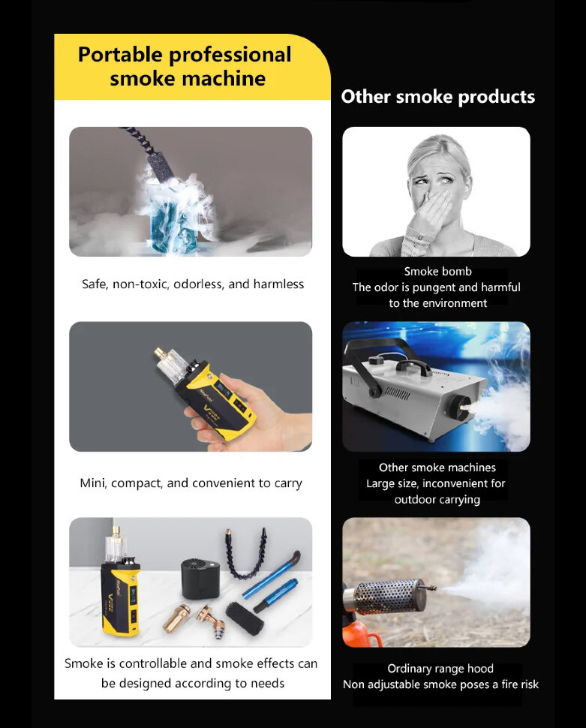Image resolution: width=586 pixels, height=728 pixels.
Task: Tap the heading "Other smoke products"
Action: (x=438, y=97)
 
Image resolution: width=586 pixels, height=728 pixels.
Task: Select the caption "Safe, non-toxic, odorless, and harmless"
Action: (x=193, y=284)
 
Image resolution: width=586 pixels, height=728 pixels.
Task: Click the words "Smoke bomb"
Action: (x=438, y=271)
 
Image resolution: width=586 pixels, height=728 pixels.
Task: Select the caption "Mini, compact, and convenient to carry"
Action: (x=191, y=483)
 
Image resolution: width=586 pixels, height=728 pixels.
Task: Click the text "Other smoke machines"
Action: (x=437, y=468)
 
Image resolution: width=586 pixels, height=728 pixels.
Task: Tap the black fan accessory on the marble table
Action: (x=200, y=579)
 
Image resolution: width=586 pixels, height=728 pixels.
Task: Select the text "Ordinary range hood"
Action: (x=440, y=669)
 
